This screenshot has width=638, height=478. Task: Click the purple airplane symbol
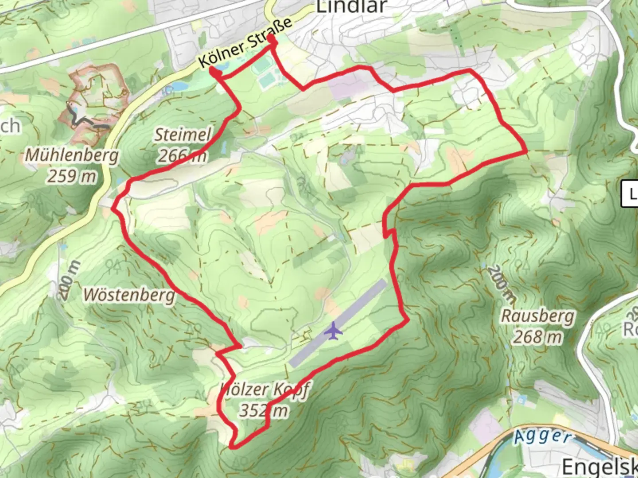click(333, 331)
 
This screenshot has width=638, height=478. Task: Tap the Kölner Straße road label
click(245, 42)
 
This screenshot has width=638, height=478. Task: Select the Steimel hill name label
click(183, 135)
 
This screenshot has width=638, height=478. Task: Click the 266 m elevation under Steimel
click(182, 155)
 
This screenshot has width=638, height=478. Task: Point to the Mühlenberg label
click(72, 155)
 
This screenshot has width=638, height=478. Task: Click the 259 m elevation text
click(72, 176)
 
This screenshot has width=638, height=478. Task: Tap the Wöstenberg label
click(129, 294)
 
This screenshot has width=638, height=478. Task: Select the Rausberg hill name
click(537, 316)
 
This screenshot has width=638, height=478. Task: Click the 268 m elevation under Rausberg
click(537, 337)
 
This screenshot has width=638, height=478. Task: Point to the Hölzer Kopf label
click(265, 389)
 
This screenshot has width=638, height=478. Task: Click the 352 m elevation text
click(264, 410)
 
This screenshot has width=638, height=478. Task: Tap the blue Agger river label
click(542, 436)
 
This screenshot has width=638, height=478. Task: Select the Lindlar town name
click(352, 7)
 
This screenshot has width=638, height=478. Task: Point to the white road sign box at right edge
click(630, 193)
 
